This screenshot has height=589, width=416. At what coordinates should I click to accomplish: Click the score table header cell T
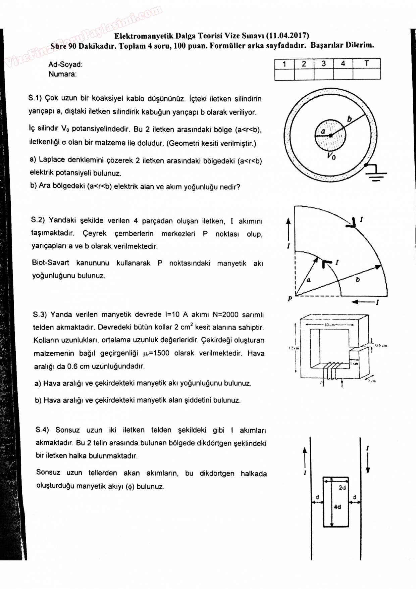tap(366, 63)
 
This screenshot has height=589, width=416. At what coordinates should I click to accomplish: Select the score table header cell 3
tap(323, 63)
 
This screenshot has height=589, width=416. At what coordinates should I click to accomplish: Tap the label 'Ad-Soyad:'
tap(65, 64)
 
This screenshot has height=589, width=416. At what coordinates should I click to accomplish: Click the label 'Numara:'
tap(63, 74)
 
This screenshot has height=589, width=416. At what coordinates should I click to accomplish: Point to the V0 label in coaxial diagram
tap(331, 156)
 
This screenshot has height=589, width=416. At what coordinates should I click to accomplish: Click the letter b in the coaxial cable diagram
tap(350, 119)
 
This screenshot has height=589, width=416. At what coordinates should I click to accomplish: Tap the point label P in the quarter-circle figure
tap(290, 299)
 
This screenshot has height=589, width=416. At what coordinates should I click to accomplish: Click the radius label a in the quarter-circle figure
tap(309, 280)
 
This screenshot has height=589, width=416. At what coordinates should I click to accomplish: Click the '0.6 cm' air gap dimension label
tap(381, 345)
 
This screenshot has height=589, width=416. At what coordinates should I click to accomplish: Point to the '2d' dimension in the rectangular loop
tap(342, 488)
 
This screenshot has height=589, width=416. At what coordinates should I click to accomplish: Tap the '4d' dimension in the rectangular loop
tap(337, 507)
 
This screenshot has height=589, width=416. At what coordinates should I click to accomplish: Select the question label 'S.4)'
tap(42, 430)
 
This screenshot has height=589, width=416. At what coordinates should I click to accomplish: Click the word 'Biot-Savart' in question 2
tap(51, 263)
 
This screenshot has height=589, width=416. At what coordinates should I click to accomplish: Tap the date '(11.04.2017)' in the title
tap(287, 36)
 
